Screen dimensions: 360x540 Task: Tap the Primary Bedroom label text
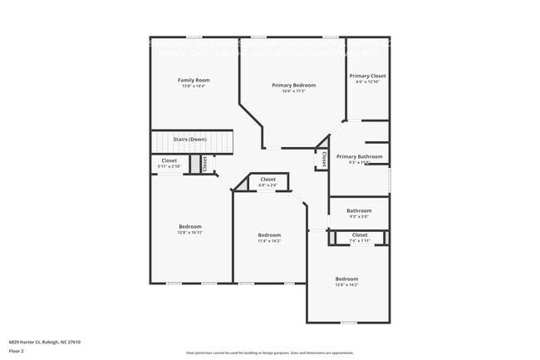pyautogui.click(x=293, y=85)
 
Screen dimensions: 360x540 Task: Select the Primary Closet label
pyautogui.click(x=367, y=76)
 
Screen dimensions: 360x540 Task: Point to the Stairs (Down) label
pyautogui.click(x=189, y=139)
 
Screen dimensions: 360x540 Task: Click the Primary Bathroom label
pyautogui.click(x=360, y=156)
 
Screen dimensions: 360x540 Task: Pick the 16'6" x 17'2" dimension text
pyautogui.click(x=293, y=91)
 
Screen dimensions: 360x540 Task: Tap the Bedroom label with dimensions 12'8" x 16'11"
pyautogui.click(x=190, y=226)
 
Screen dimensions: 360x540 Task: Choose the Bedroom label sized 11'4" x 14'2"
pyautogui.click(x=269, y=234)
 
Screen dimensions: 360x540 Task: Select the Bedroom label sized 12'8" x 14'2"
pyautogui.click(x=346, y=279)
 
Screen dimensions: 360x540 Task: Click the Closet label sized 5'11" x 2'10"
pyautogui.click(x=169, y=160)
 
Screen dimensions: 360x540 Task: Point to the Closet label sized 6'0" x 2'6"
pyautogui.click(x=268, y=179)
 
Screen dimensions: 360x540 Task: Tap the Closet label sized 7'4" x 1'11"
pyautogui.click(x=360, y=235)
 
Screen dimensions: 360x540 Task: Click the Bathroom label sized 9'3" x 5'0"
pyautogui.click(x=359, y=210)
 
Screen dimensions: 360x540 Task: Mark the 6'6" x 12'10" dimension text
pyautogui.click(x=367, y=82)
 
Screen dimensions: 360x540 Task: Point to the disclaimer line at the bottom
pyautogui.click(x=269, y=353)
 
